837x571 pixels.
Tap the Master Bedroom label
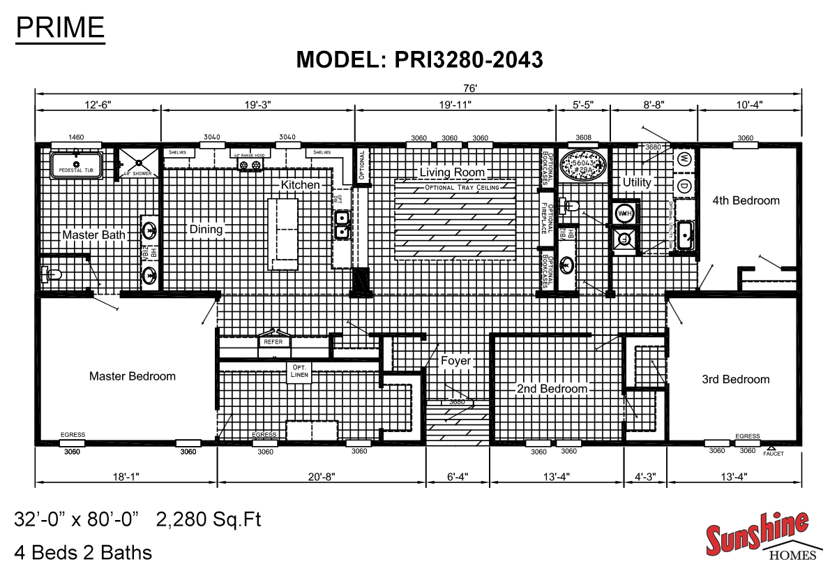[133, 376]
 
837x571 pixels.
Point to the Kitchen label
[300, 185]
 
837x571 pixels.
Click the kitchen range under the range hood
[250, 165]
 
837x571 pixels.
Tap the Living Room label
[452, 172]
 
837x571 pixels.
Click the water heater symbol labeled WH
[622, 212]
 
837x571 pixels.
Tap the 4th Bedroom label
[746, 201]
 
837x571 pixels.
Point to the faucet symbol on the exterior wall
[771, 449]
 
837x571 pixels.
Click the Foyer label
[455, 361]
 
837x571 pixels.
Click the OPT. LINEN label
[300, 371]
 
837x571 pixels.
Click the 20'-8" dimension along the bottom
[322, 477]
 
